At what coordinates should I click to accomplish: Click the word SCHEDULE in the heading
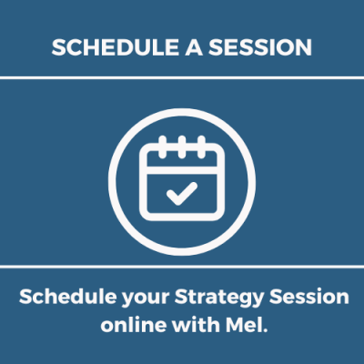coord(116,47)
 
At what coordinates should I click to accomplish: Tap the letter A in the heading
coord(194,47)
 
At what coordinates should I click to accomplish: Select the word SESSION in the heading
coord(260,47)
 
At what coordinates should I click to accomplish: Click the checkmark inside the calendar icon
coord(182,193)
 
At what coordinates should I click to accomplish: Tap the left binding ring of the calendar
coord(163,147)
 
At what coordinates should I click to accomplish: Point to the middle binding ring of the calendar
coord(182,147)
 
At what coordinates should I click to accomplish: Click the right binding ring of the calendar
coord(201,147)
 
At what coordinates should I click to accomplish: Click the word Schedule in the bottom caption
coord(67,297)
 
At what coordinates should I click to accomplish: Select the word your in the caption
coord(145,298)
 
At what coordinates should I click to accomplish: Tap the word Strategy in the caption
coord(219,298)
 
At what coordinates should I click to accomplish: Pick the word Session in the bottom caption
coord(309,297)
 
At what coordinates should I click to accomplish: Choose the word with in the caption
coord(196,325)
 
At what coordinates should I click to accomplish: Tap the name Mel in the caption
coord(244,325)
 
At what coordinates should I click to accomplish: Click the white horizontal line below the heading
coord(182,78)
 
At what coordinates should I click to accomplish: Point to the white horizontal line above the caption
coord(182,267)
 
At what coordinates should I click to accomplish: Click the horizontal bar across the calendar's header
coord(182,170)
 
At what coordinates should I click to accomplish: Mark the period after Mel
coord(266,330)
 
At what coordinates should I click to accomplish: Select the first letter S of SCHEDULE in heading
coord(58,47)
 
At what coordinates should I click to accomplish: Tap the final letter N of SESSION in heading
coord(304,47)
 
